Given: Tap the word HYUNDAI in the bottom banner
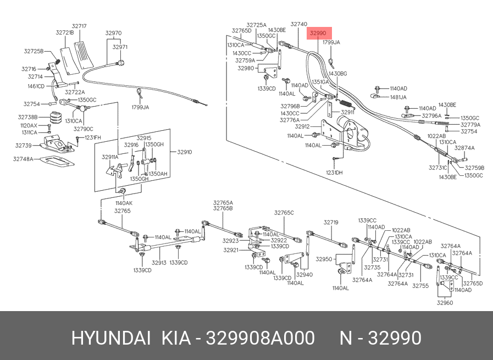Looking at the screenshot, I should (110, 337).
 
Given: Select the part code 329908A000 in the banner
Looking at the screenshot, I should (260, 337).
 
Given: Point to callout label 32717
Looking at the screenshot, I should (79, 25).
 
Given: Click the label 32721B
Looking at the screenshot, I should (64, 32).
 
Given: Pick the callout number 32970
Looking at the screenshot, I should (113, 33).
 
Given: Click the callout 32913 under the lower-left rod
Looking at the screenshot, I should (159, 263).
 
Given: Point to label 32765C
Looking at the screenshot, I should (284, 212).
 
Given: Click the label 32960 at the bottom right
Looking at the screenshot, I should (445, 302).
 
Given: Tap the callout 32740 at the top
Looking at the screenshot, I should (298, 24).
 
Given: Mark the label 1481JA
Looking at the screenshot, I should (398, 97).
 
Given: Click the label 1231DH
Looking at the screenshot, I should (334, 172).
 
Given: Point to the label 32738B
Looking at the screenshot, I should (27, 117).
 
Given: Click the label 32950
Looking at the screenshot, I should (324, 259).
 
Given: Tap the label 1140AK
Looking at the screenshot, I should (123, 203).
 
